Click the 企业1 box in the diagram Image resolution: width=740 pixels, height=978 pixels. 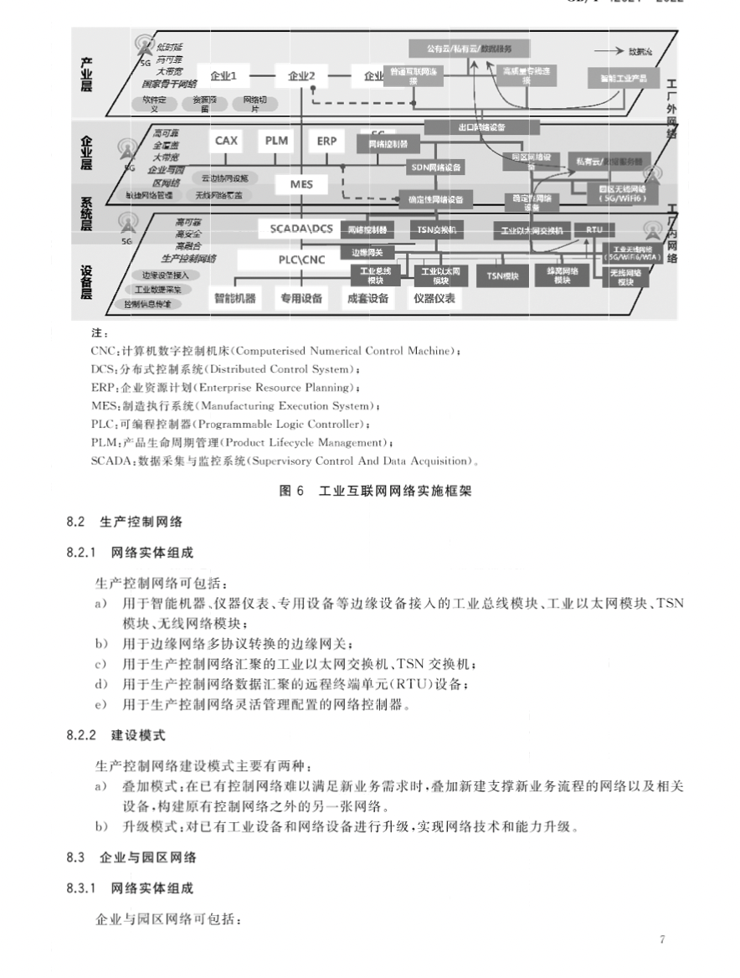[224, 76]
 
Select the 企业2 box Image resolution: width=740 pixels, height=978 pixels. [301, 76]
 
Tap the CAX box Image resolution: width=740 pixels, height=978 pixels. [226, 141]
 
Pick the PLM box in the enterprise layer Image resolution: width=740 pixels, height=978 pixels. [276, 141]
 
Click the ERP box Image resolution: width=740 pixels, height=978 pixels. [326, 141]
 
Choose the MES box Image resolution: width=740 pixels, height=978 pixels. [301, 183]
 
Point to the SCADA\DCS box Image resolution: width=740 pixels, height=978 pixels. [301, 228]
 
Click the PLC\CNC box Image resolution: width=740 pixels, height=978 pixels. [301, 260]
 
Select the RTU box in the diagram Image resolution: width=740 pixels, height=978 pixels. [594, 229]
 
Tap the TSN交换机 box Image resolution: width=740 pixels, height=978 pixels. [436, 229]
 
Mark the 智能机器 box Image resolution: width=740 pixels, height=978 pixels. [234, 298]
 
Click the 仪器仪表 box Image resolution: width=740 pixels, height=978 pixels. [434, 298]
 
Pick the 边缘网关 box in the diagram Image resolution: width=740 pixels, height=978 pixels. [367, 252]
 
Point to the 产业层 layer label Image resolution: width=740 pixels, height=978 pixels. [86, 75]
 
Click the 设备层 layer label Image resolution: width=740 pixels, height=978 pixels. [86, 281]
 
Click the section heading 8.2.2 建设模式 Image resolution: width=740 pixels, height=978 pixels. [116, 735]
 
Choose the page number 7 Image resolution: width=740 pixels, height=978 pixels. [662, 939]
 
